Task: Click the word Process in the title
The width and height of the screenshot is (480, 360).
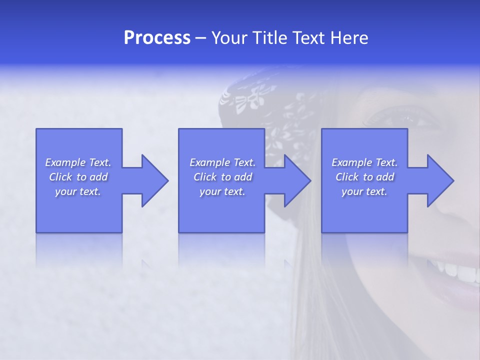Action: [x=157, y=38]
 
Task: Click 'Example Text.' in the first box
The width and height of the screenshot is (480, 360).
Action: [x=78, y=162]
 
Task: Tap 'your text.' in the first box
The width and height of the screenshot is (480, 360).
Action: [x=78, y=191]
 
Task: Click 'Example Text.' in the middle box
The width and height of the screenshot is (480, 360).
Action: [x=222, y=162]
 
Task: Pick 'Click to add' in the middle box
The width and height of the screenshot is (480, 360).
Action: [x=222, y=177]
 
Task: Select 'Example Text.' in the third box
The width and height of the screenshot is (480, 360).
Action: [x=364, y=162]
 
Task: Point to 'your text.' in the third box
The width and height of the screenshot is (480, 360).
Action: [x=364, y=191]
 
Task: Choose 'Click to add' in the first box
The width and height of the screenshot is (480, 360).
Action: [x=78, y=177]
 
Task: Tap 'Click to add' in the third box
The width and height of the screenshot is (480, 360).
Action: [x=364, y=177]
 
